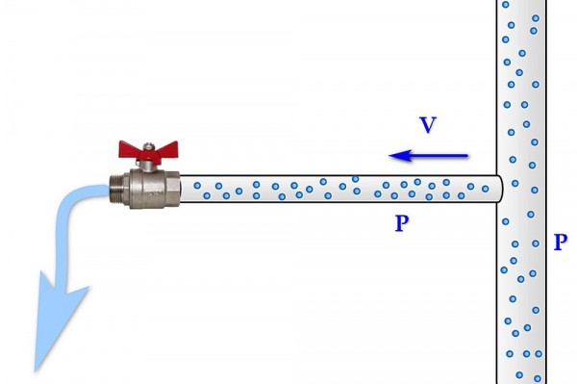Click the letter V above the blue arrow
click(428, 125)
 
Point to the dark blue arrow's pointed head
click(390, 156)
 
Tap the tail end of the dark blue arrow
click(467, 156)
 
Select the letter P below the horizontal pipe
click(402, 223)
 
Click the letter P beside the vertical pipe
click(561, 243)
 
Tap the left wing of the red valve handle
click(129, 149)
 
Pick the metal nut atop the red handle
click(148, 146)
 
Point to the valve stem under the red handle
click(148, 166)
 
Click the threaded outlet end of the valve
click(116, 190)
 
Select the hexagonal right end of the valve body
click(172, 190)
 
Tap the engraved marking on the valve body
click(152, 193)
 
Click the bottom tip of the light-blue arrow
click(36, 371)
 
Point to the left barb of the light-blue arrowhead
click(41, 272)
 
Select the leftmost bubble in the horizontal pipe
click(197, 186)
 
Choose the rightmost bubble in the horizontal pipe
click(486, 189)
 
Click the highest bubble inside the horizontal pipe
click(355, 179)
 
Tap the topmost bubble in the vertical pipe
click(506, 5)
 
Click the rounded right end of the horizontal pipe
click(500, 189)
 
